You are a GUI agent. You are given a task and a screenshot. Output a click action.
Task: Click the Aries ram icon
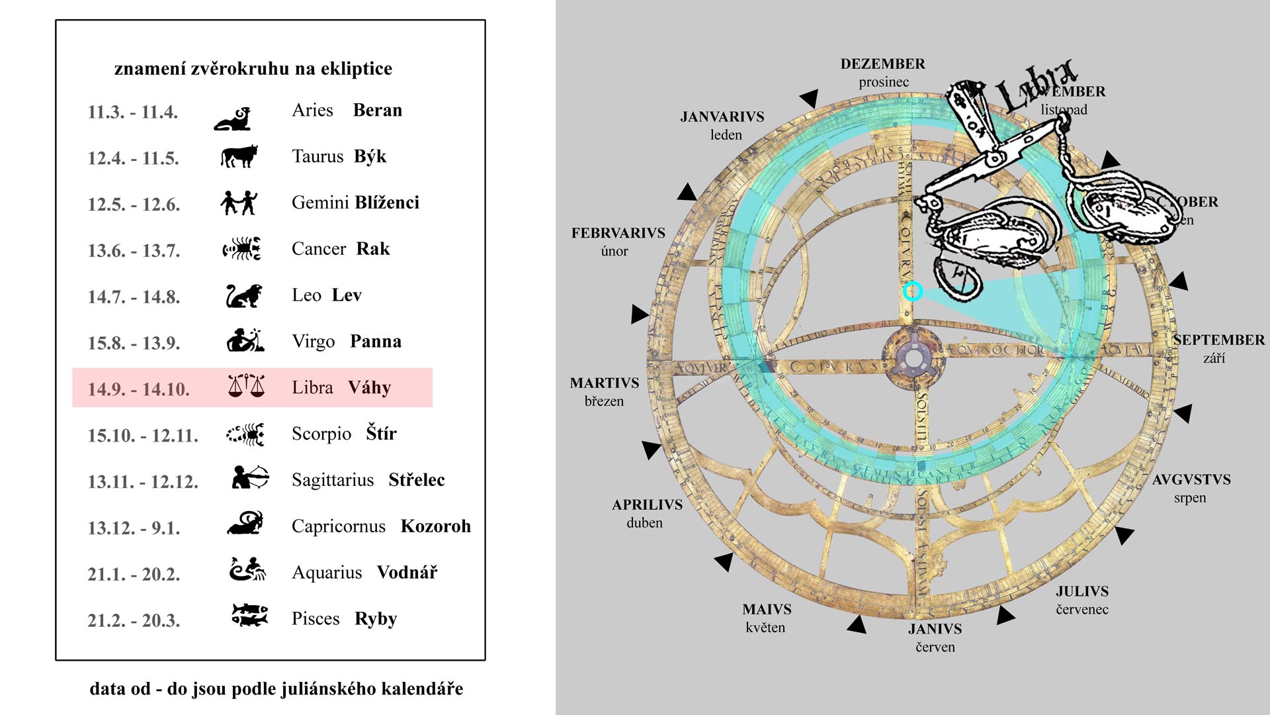pyautogui.click(x=233, y=119)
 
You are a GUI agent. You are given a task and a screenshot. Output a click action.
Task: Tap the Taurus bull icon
pyautogui.click(x=238, y=157)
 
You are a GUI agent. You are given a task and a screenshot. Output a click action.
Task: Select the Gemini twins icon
pyautogui.click(x=238, y=203)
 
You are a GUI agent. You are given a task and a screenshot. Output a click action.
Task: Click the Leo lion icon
pyautogui.click(x=243, y=296)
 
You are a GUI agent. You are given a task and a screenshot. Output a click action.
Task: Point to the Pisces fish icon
pyautogui.click(x=249, y=615)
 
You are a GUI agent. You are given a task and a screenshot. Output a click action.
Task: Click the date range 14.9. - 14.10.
pyautogui.click(x=139, y=389)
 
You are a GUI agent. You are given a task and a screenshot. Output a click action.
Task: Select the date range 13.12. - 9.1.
pyautogui.click(x=134, y=528)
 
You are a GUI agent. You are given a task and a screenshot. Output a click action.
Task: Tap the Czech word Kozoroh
pyautogui.click(x=435, y=526)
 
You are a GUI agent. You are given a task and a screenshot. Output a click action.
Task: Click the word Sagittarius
pyautogui.click(x=333, y=480)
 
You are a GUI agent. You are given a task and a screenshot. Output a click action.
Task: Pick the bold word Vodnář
pyautogui.click(x=407, y=573)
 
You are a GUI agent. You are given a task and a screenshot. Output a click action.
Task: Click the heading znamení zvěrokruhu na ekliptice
pyautogui.click(x=253, y=69)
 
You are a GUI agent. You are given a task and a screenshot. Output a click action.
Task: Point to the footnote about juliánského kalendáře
pyautogui.click(x=276, y=689)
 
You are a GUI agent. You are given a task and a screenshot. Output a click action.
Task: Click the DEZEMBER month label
pyautogui.click(x=883, y=64)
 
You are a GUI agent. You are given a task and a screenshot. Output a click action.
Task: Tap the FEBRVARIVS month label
pyautogui.click(x=618, y=233)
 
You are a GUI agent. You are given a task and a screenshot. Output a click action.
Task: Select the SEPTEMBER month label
pyautogui.click(x=1218, y=340)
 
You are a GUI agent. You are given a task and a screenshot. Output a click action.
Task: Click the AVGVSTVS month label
pyautogui.click(x=1191, y=480)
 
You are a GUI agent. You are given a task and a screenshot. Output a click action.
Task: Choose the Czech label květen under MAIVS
pyautogui.click(x=765, y=628)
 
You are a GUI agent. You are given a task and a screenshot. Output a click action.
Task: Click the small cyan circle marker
pyautogui.click(x=913, y=291)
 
